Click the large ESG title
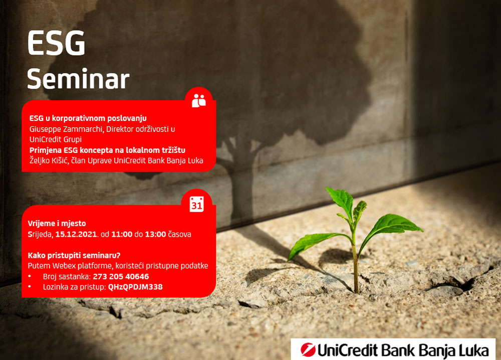(x=56, y=43)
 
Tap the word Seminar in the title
(x=78, y=79)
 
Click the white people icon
(x=199, y=100)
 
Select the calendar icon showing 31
(x=196, y=204)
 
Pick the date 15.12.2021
(x=76, y=234)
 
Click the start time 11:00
(x=122, y=234)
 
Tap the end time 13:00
(x=155, y=234)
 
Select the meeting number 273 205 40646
(x=121, y=277)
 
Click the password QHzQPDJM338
(x=135, y=287)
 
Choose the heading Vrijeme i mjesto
(x=57, y=224)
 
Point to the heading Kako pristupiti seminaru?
(x=74, y=255)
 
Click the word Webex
(x=64, y=266)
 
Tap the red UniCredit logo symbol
(x=308, y=349)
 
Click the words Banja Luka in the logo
(x=454, y=350)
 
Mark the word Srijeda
(x=40, y=234)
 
